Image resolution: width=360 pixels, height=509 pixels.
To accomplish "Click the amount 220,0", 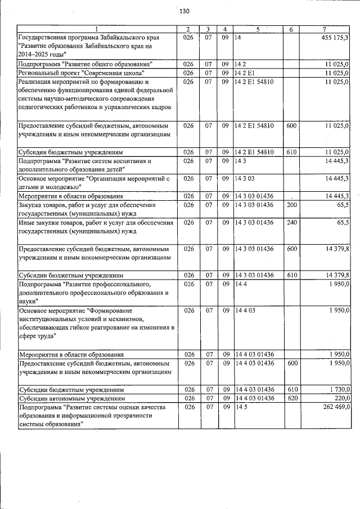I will pyautogui.click(x=341, y=398).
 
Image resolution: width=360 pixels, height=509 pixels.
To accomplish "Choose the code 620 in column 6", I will pyautogui.click(x=291, y=398).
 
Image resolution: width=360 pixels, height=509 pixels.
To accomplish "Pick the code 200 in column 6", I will pyautogui.click(x=291, y=205).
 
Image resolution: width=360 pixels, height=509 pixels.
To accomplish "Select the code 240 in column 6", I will pyautogui.click(x=291, y=222).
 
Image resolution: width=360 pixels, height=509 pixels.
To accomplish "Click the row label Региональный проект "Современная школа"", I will pyautogui.click(x=82, y=73).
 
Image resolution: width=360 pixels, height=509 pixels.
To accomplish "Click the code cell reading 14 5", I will pyautogui.click(x=241, y=407).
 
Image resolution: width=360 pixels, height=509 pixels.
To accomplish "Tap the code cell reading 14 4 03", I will pyautogui.click(x=246, y=310).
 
